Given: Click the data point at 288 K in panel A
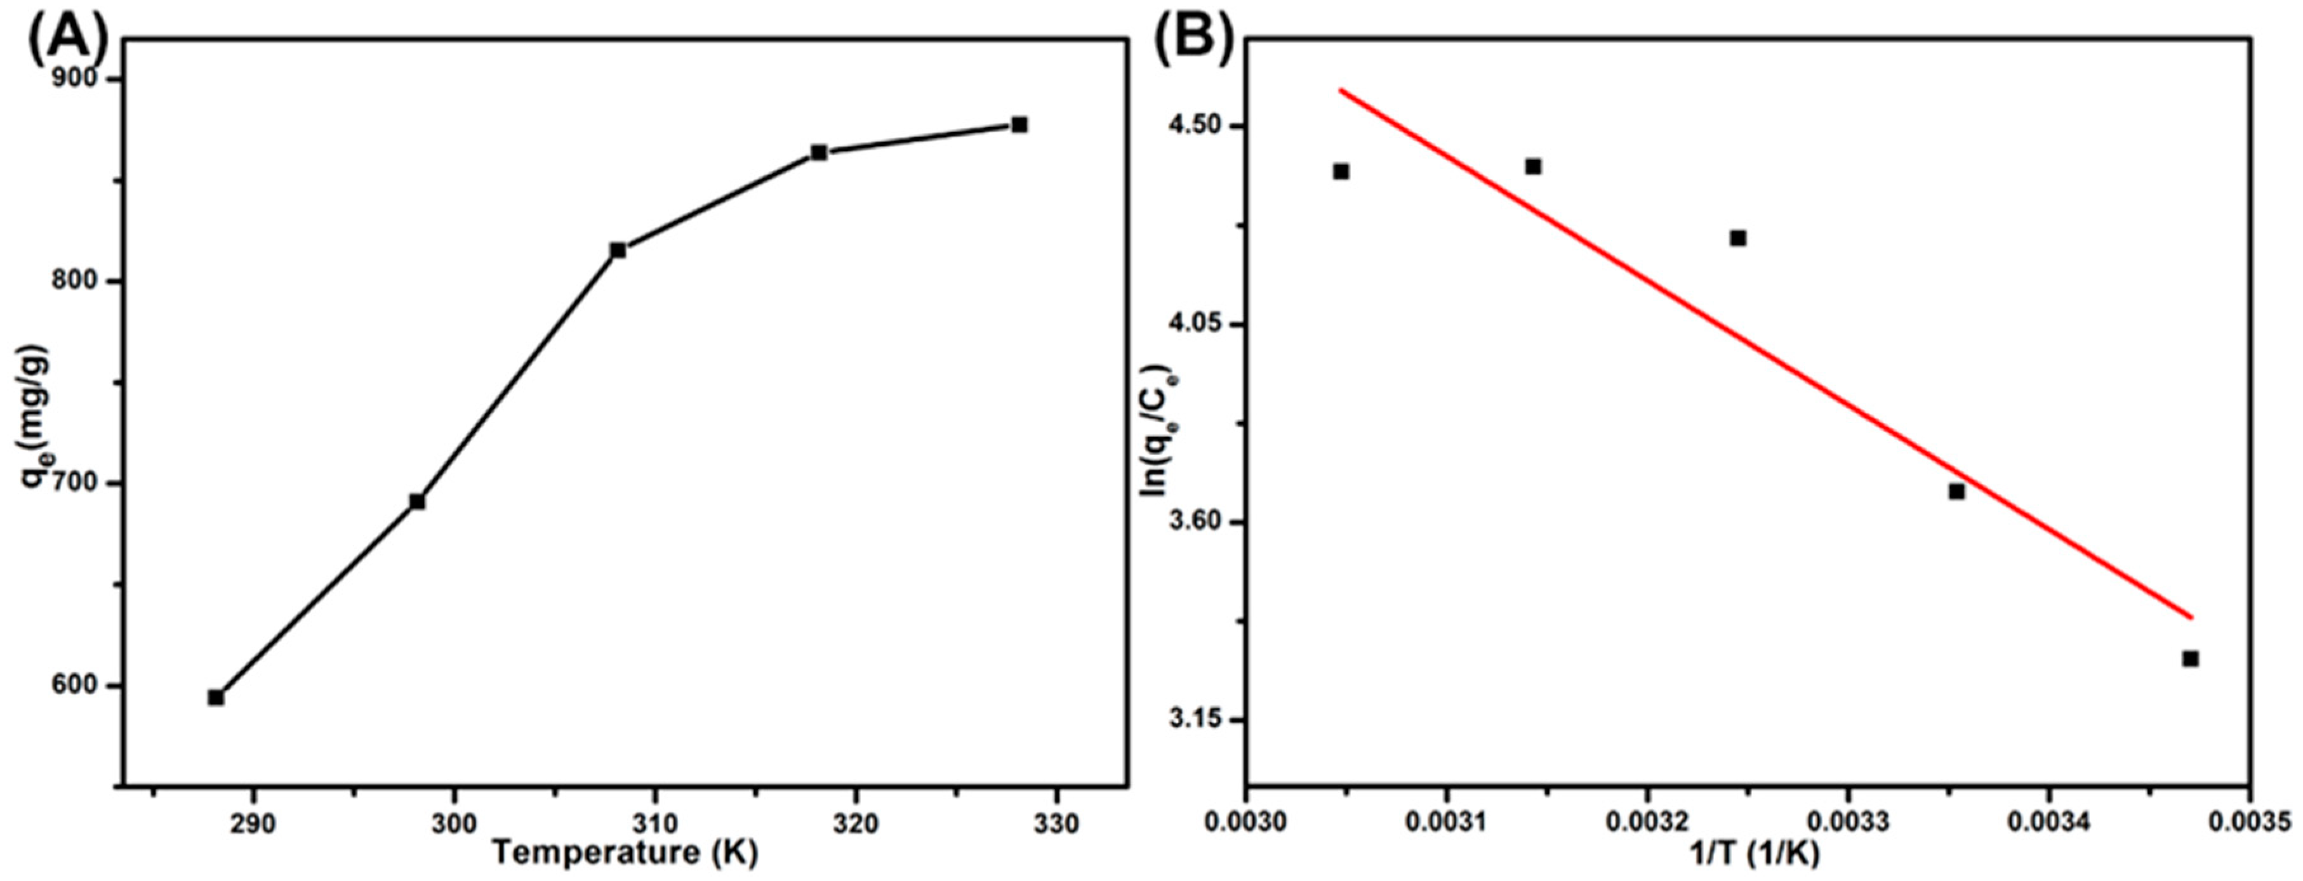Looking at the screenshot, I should pos(215,697).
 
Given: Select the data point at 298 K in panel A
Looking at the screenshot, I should pos(416,501).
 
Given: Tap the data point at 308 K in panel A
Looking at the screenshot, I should pos(618,250).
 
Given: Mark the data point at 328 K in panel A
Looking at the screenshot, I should pos(1019,124).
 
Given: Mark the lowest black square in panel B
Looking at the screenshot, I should pos(2191,658).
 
